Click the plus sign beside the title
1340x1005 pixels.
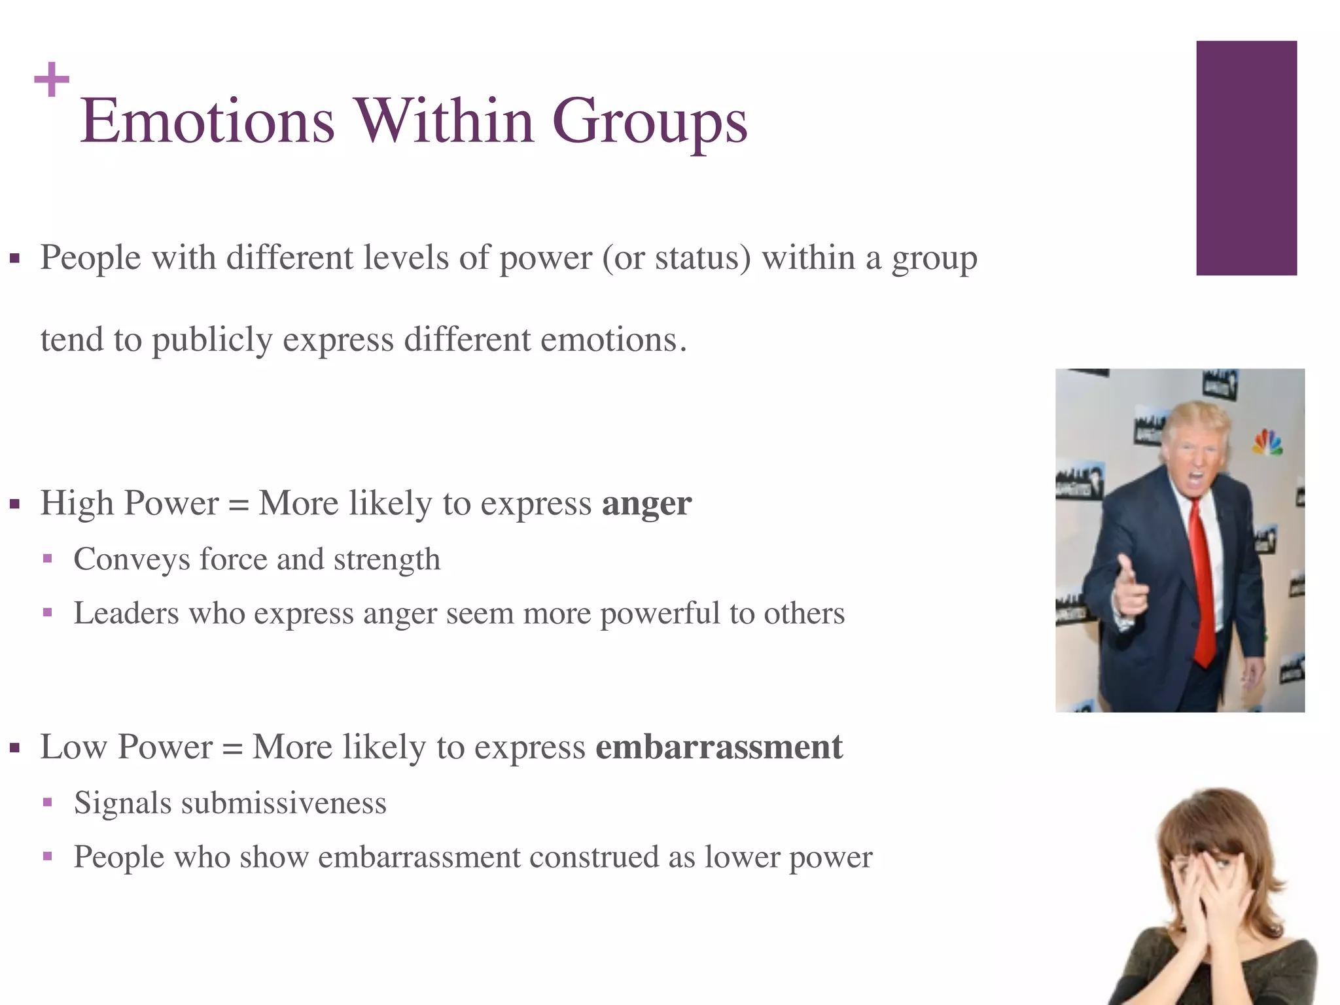[51, 80]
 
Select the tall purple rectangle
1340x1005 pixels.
[1246, 158]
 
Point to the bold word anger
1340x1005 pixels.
[646, 504]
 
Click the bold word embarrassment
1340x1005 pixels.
[718, 747]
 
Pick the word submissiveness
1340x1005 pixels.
[283, 803]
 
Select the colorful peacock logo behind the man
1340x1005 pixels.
[1267, 443]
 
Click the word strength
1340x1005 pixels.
[387, 560]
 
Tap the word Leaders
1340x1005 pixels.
[126, 614]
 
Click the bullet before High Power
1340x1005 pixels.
[15, 504]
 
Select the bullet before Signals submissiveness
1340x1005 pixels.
[47, 802]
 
